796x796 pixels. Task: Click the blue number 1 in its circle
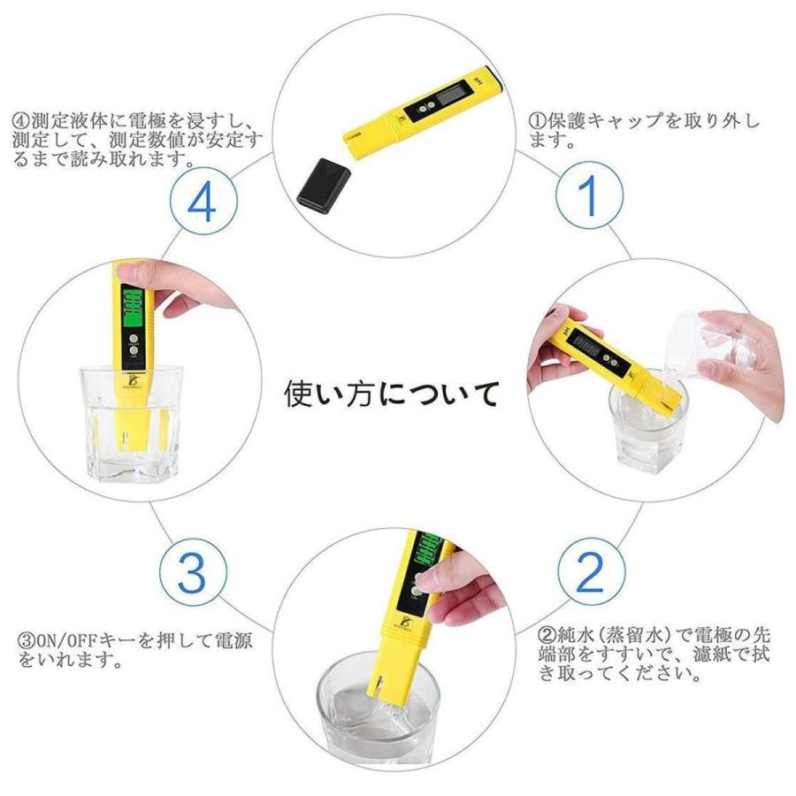[589, 195]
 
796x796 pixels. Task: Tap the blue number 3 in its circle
[191, 573]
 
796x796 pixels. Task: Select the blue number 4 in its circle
[202, 201]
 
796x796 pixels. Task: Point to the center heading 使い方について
[391, 394]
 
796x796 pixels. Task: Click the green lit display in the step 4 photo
[134, 308]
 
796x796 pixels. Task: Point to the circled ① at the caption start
[537, 121]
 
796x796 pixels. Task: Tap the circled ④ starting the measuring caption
[21, 122]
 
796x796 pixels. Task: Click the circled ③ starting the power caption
[27, 640]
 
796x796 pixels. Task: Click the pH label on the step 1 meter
[477, 80]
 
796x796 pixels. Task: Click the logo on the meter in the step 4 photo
[134, 379]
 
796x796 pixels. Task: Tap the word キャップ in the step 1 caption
[625, 121]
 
